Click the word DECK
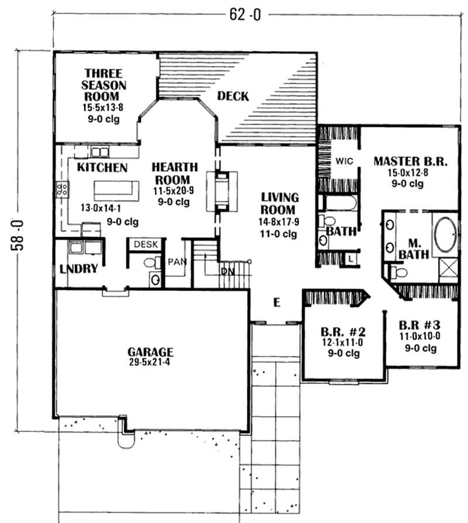pyautogui.click(x=233, y=96)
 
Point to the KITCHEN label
pyautogui.click(x=102, y=168)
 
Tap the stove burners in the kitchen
pyautogui.click(x=61, y=189)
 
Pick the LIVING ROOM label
pyautogui.click(x=280, y=203)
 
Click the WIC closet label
pyautogui.click(x=343, y=161)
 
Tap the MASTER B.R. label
pyautogui.click(x=411, y=161)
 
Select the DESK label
pyautogui.click(x=142, y=245)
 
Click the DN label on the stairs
pyautogui.click(x=227, y=272)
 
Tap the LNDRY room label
pyautogui.click(x=78, y=269)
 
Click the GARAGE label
pyautogui.click(x=150, y=352)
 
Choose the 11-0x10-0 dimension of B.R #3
pyautogui.click(x=420, y=337)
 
